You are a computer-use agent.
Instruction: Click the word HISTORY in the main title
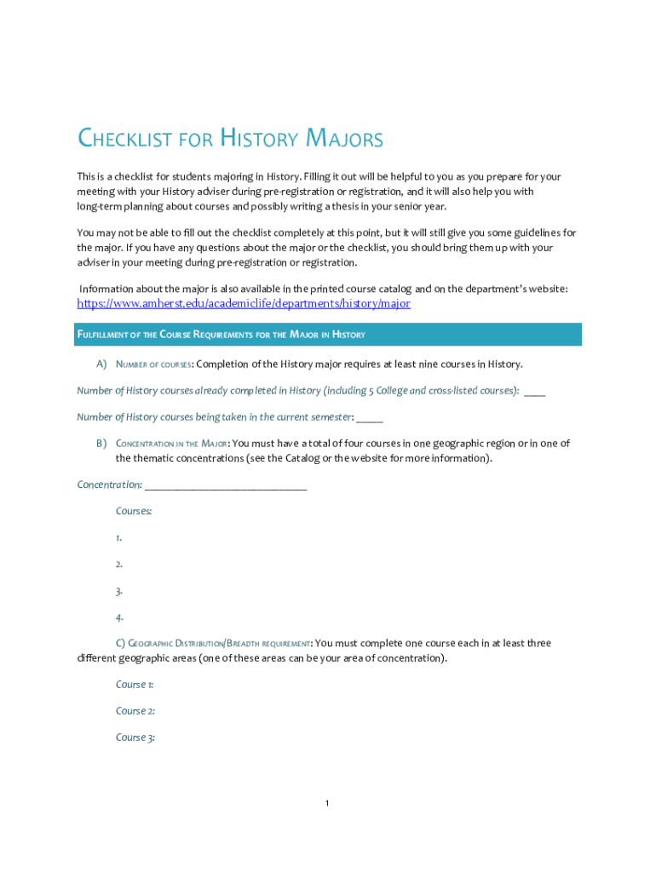[258, 139]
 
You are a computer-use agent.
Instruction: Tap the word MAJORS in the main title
[344, 139]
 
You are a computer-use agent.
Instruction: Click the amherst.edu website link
[244, 303]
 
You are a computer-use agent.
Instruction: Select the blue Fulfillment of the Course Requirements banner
[329, 334]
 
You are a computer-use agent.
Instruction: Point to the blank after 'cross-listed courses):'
[535, 391]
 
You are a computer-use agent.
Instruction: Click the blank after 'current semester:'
[370, 417]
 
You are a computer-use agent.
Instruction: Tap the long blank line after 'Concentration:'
[226, 485]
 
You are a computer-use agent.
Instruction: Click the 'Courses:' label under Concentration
[134, 511]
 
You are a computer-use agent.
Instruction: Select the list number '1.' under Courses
[119, 537]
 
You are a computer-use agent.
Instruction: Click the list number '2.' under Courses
[119, 564]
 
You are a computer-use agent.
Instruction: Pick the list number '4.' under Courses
[119, 617]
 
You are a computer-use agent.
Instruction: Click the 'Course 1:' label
[135, 685]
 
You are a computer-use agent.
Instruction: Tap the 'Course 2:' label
[135, 711]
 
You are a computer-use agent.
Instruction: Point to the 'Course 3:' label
[135, 737]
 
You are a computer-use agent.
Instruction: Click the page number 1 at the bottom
[327, 803]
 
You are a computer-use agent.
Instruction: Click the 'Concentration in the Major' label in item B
[171, 444]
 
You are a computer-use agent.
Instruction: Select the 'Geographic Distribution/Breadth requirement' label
[219, 644]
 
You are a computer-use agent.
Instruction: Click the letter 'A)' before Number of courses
[101, 364]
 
